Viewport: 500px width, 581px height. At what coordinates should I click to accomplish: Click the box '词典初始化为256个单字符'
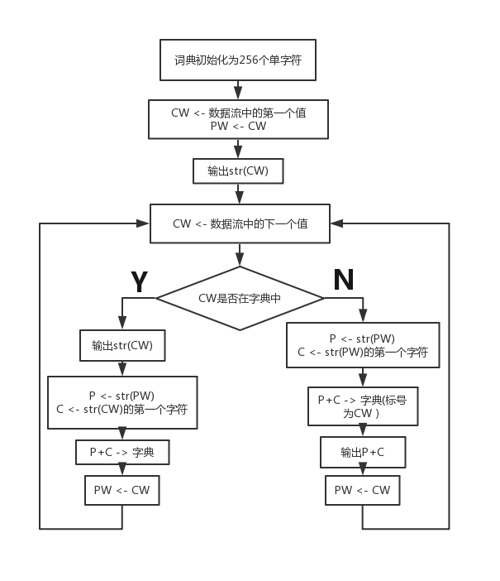(x=238, y=60)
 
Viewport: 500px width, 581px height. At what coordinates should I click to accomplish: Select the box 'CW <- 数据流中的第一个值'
(x=238, y=119)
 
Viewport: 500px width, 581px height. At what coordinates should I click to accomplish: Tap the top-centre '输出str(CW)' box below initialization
(x=238, y=171)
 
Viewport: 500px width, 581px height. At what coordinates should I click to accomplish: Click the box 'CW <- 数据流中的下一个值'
(x=240, y=223)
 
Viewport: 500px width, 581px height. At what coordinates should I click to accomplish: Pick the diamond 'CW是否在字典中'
(x=240, y=298)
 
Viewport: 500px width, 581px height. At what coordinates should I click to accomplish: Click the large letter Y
(x=140, y=282)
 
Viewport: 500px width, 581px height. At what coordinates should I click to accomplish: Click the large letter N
(x=343, y=281)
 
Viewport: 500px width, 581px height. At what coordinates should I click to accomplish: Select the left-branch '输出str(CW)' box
(x=122, y=345)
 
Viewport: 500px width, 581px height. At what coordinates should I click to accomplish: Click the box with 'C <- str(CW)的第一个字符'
(x=122, y=402)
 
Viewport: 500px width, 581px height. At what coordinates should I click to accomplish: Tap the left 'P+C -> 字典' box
(x=122, y=452)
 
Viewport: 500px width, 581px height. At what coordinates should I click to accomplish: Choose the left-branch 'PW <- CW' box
(x=122, y=490)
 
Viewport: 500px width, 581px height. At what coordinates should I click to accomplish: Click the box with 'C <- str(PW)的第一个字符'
(x=363, y=345)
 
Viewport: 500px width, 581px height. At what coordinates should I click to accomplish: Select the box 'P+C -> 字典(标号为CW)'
(x=363, y=406)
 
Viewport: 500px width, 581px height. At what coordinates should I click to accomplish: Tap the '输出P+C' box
(x=363, y=452)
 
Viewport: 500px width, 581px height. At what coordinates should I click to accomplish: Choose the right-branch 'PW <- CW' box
(x=363, y=490)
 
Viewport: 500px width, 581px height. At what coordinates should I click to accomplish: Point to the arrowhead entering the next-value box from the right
(x=336, y=223)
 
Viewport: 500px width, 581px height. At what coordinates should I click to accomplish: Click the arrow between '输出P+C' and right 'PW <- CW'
(x=363, y=472)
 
